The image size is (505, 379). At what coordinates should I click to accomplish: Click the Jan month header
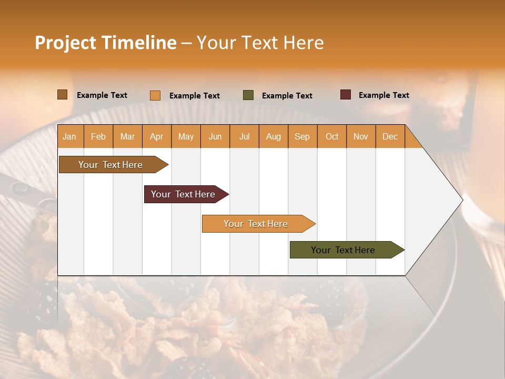[x=69, y=136]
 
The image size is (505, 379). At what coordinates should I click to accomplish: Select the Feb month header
[x=98, y=136]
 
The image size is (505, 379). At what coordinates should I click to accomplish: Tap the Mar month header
[x=127, y=136]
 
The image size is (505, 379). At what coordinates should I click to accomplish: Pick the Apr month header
[x=157, y=136]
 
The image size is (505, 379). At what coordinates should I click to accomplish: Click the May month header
[x=186, y=136]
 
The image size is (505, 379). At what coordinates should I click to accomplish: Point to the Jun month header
[x=215, y=136]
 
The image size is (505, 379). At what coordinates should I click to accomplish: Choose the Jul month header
[x=244, y=136]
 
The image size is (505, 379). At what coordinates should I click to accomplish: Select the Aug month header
[x=274, y=136]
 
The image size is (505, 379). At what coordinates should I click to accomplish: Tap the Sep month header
[x=302, y=136]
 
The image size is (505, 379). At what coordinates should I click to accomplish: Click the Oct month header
[x=332, y=136]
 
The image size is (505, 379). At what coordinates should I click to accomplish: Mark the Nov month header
[x=361, y=136]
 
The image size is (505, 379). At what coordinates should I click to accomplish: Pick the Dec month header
[x=390, y=136]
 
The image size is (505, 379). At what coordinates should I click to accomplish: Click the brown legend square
[x=62, y=95]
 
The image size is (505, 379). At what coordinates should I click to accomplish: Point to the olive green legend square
[x=248, y=95]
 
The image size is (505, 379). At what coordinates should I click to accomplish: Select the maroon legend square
[x=346, y=95]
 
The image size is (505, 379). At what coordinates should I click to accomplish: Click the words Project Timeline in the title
[x=106, y=43]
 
